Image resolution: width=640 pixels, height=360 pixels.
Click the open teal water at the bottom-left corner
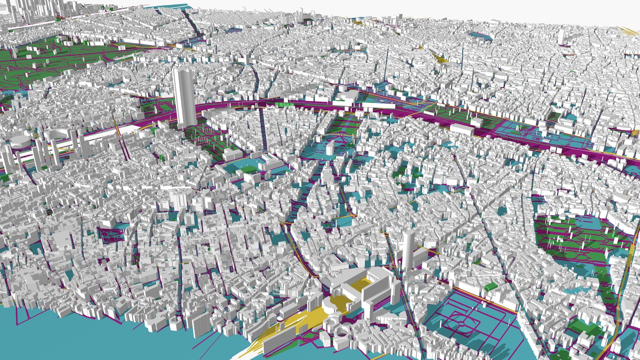coord(50,337)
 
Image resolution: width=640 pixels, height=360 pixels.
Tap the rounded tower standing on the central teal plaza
coord(330,147)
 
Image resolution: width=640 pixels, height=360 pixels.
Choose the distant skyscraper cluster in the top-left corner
coord(33,10)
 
